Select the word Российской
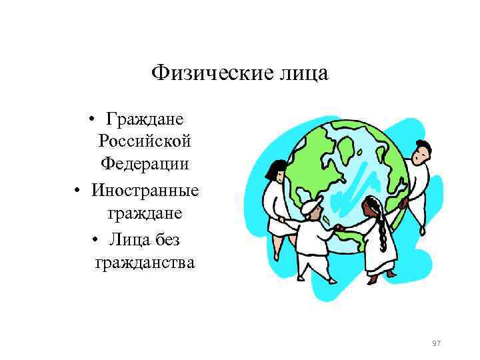point(144,141)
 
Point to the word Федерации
point(145,163)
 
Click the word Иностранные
point(145,191)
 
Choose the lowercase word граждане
point(145,213)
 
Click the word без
point(165,239)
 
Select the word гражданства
point(145,263)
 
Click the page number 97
point(437,343)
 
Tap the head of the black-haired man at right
point(419,152)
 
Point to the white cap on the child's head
point(311,207)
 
